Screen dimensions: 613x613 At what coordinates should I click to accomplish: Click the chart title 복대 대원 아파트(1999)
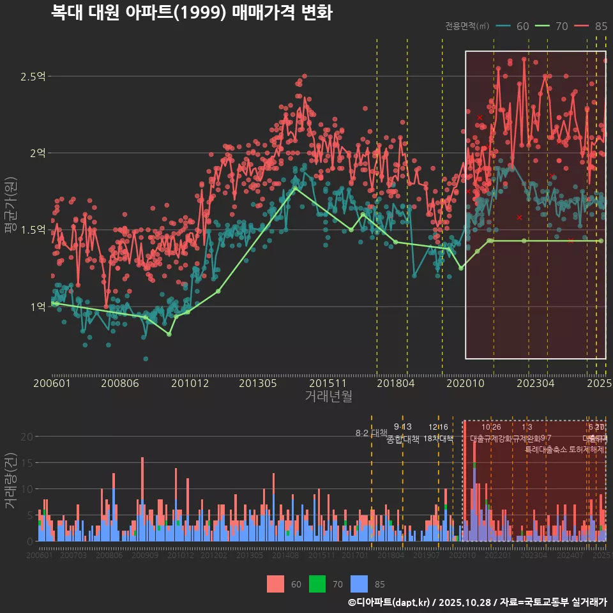tap(192, 13)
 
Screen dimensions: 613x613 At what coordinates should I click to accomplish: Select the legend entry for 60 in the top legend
tap(513, 26)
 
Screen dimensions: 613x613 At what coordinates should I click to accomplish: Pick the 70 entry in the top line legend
tap(552, 26)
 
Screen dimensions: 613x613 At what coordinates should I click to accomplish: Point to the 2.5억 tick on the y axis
tap(33, 77)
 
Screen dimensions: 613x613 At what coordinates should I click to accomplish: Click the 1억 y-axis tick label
tap(37, 306)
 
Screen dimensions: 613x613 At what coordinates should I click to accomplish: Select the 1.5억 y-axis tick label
tap(33, 230)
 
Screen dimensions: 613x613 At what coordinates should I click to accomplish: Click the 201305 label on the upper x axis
tap(257, 383)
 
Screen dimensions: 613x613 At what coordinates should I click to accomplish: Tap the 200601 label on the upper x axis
tap(52, 383)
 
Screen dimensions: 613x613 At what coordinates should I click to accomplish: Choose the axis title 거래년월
tap(328, 397)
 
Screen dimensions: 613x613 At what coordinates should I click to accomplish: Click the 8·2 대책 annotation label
tap(371, 433)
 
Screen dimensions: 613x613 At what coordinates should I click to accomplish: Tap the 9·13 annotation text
tap(402, 427)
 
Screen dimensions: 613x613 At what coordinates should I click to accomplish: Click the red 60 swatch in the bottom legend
tap(275, 584)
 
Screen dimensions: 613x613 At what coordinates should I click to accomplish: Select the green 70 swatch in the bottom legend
tap(317, 584)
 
